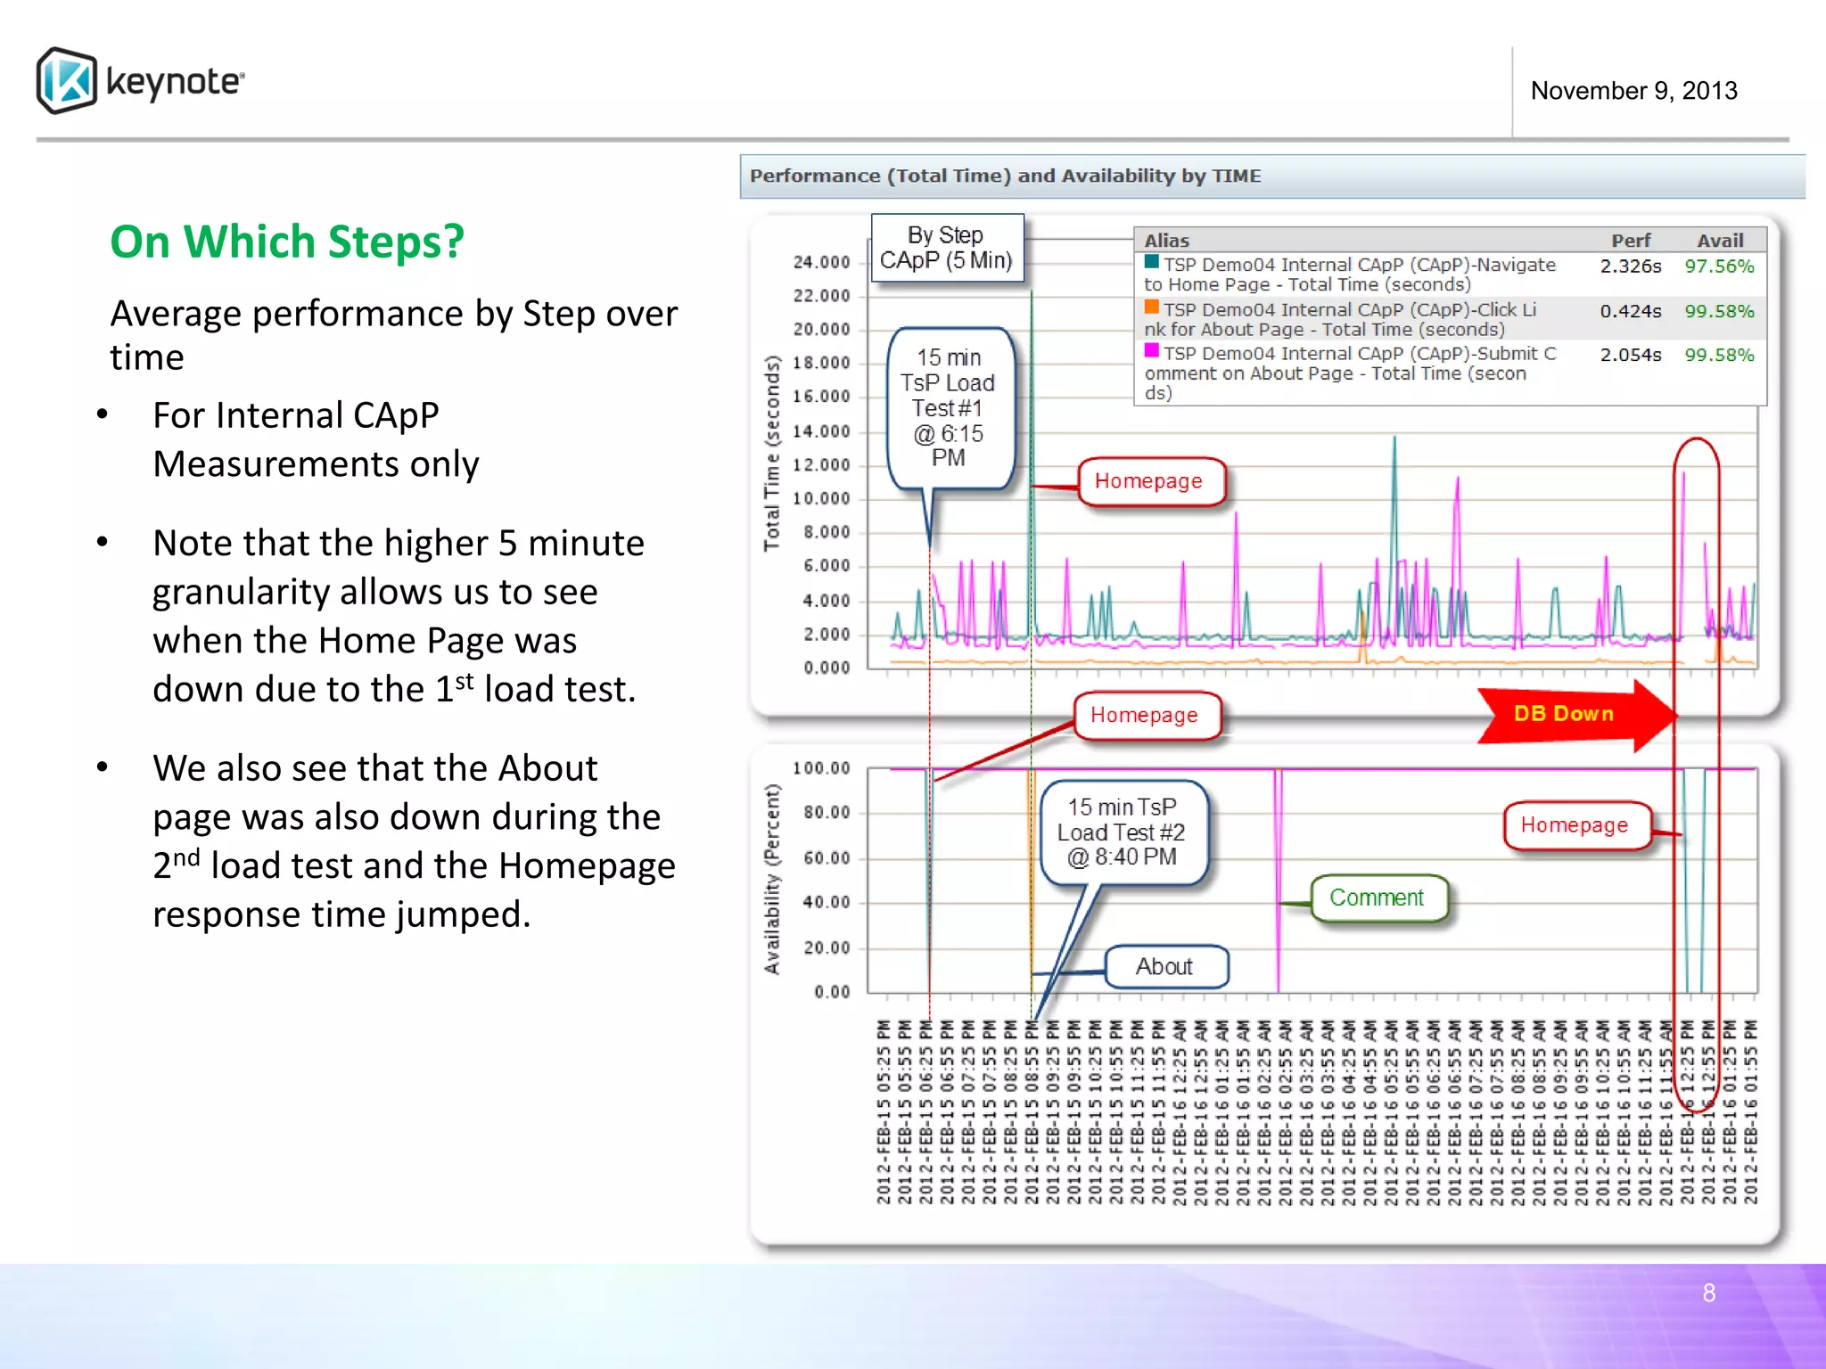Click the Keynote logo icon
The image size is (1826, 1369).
(x=67, y=80)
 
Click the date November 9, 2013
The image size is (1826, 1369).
(x=1633, y=91)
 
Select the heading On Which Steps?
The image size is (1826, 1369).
(x=286, y=242)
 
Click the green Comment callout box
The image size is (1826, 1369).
(x=1378, y=898)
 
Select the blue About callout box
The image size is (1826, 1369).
(x=1165, y=967)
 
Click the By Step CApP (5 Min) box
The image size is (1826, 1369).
(x=946, y=248)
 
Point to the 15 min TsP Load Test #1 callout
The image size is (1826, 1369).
(x=949, y=407)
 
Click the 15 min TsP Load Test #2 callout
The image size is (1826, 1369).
(x=1122, y=832)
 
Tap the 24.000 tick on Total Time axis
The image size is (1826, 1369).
(x=821, y=262)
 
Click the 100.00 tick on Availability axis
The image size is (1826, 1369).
(x=821, y=768)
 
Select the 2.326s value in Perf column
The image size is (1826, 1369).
(x=1630, y=266)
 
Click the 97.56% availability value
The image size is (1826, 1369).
(x=1718, y=266)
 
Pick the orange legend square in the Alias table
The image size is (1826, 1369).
(x=1152, y=307)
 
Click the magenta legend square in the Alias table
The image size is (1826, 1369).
(x=1152, y=351)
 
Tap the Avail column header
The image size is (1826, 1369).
(x=1719, y=241)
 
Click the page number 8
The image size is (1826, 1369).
(x=1708, y=1293)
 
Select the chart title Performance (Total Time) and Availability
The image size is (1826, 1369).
(x=1005, y=176)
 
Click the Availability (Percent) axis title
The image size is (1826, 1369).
(x=772, y=879)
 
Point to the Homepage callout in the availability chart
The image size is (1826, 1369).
(x=1574, y=825)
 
